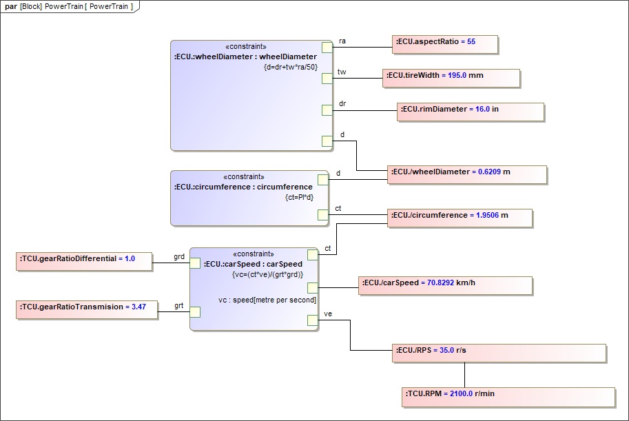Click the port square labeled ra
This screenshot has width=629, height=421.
(327, 47)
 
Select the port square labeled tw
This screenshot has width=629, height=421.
(327, 79)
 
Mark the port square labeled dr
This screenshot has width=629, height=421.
(327, 110)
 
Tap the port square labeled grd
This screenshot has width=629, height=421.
(195, 263)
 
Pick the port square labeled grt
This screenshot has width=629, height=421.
(195, 311)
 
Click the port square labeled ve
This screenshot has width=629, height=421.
(313, 319)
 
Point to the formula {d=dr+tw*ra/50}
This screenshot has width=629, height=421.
(290, 67)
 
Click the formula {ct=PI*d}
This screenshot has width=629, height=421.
(299, 197)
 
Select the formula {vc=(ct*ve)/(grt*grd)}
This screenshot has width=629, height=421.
(268, 274)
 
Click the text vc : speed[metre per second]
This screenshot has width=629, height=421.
(267, 300)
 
